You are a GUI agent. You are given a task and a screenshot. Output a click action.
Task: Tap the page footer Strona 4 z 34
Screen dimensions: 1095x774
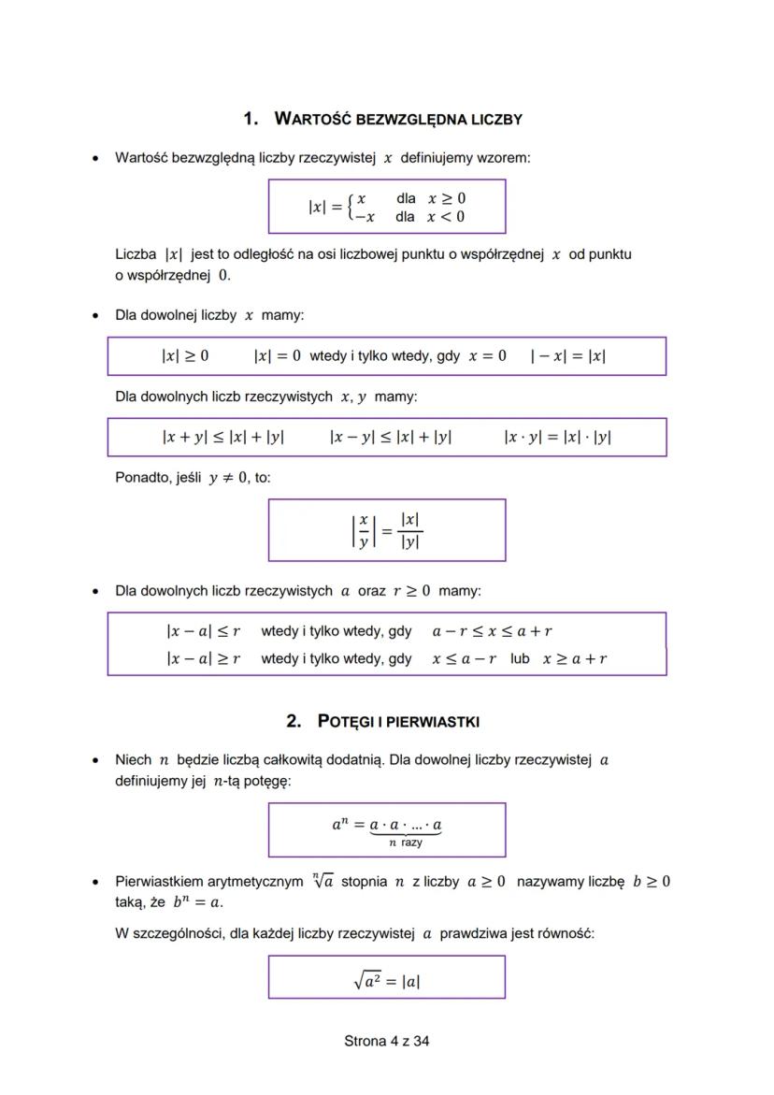click(x=387, y=1041)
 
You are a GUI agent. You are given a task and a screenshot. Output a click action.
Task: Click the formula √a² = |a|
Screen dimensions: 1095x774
click(x=387, y=981)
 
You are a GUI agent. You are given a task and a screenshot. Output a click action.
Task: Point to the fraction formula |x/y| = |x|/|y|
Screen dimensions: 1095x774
click(x=386, y=530)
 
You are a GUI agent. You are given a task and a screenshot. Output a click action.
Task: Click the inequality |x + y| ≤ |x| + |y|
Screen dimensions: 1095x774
click(x=222, y=437)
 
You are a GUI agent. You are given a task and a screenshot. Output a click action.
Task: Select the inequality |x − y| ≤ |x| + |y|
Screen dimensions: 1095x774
click(x=391, y=437)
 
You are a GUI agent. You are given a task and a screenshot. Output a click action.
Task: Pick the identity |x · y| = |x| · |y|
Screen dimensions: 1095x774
click(x=557, y=437)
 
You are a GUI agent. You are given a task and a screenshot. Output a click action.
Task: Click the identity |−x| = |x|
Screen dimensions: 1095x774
click(x=567, y=356)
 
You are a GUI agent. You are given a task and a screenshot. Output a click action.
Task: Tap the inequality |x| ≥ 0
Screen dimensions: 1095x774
click(x=185, y=356)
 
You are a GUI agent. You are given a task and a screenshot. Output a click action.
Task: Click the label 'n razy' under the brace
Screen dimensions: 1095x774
click(x=405, y=843)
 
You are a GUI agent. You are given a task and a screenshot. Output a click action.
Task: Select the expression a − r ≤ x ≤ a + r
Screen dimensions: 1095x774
click(x=498, y=631)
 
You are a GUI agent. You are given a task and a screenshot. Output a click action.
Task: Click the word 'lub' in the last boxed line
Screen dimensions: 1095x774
click(x=520, y=658)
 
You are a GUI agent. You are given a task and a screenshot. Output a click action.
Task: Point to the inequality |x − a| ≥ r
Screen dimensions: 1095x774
click(x=203, y=658)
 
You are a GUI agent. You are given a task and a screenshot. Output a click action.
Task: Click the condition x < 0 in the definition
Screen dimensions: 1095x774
click(x=446, y=217)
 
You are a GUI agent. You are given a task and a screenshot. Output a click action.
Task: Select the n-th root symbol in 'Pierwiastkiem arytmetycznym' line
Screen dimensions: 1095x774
click(x=324, y=881)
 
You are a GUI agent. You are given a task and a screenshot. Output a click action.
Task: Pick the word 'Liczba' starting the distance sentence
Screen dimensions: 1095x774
click(x=136, y=254)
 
